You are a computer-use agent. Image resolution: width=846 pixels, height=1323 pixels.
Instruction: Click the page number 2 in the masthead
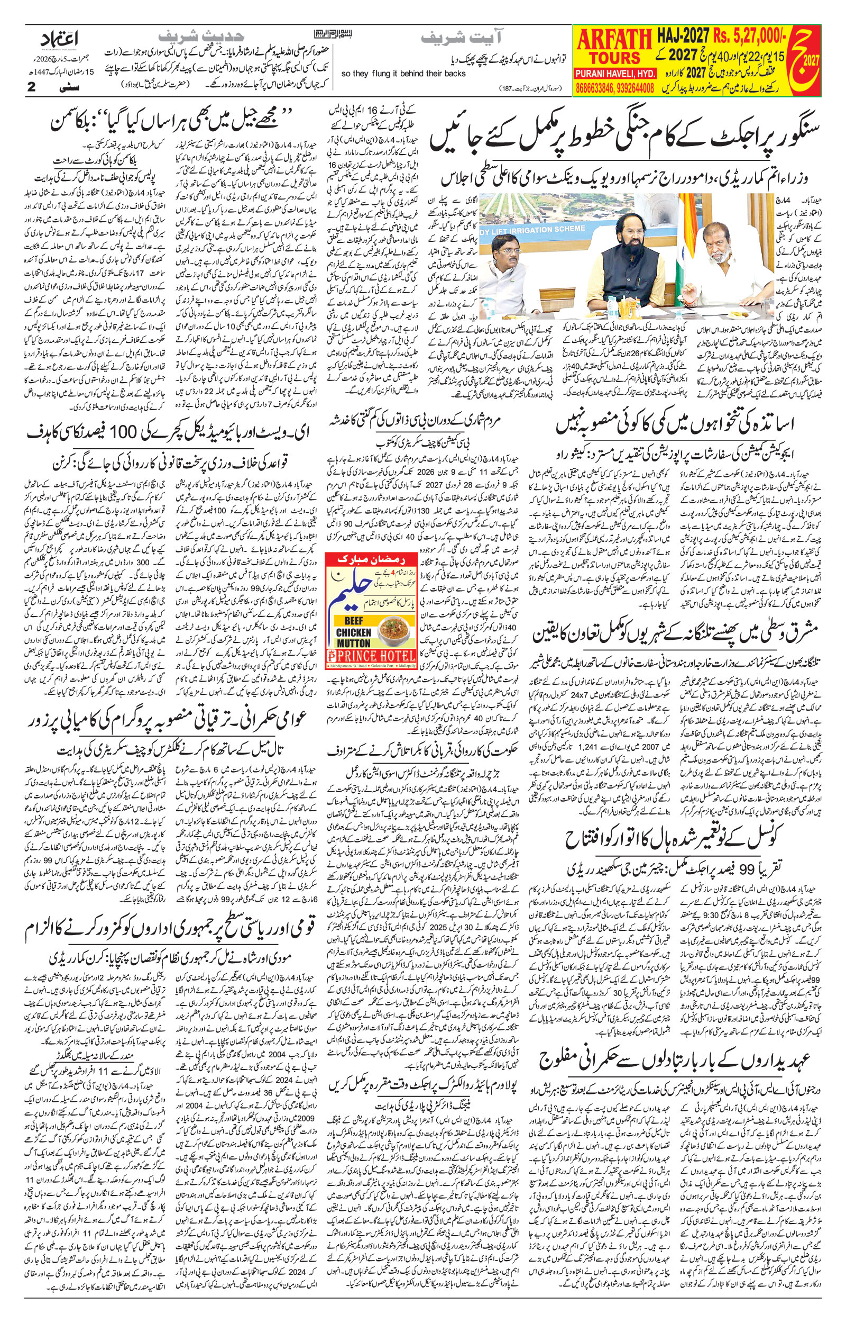pos(31,86)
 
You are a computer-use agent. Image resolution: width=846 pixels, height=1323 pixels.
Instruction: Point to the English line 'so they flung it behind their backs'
pos(403,74)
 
